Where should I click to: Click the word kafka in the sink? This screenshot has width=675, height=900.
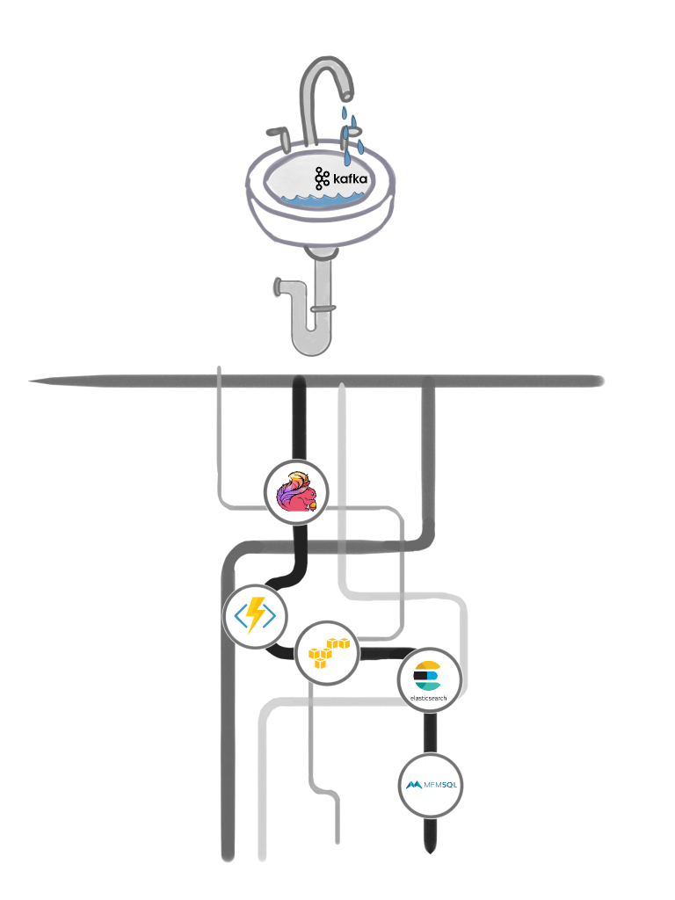tap(349, 179)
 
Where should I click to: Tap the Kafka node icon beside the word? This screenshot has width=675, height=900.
tap(322, 178)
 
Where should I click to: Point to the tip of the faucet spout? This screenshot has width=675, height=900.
tap(349, 94)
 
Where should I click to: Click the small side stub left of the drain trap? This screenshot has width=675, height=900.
tap(279, 287)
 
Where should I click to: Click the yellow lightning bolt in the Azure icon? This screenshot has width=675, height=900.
tap(256, 615)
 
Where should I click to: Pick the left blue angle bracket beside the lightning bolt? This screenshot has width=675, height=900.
tap(238, 615)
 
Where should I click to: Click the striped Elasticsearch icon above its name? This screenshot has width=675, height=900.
tap(426, 674)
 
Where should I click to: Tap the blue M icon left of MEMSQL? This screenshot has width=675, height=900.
tap(413, 784)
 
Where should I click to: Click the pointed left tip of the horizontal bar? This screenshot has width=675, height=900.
tap(32, 381)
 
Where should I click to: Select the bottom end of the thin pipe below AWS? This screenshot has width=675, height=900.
tap(337, 842)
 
